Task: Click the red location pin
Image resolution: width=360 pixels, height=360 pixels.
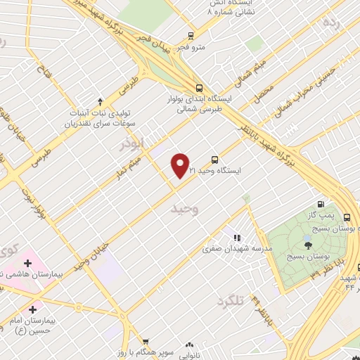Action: [181, 166]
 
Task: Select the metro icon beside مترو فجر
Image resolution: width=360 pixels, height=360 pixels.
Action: [191, 36]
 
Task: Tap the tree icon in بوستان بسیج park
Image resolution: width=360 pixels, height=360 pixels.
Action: [307, 245]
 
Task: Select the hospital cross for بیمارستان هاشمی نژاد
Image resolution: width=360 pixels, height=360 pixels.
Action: [27, 263]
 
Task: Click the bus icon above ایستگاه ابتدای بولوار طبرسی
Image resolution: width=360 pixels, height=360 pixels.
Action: [200, 88]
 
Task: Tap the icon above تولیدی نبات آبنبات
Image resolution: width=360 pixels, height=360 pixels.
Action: [100, 102]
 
